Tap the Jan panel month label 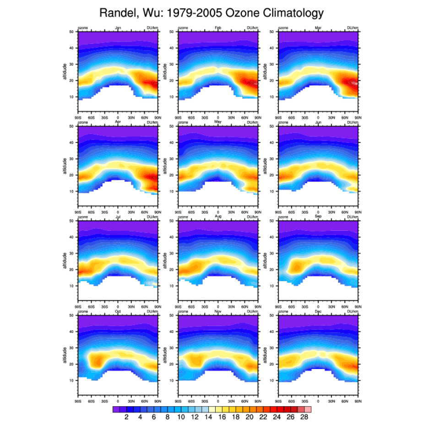point(118,28)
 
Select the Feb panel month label point(218,28)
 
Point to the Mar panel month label point(318,28)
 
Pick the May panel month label point(218,122)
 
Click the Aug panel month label point(218,217)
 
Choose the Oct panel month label point(118,311)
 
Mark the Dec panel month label point(318,311)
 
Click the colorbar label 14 point(208,418)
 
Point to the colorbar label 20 point(250,418)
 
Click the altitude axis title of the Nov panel point(165,355)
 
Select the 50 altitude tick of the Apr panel point(72,126)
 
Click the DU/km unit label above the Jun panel point(352,122)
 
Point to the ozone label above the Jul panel point(82,217)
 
